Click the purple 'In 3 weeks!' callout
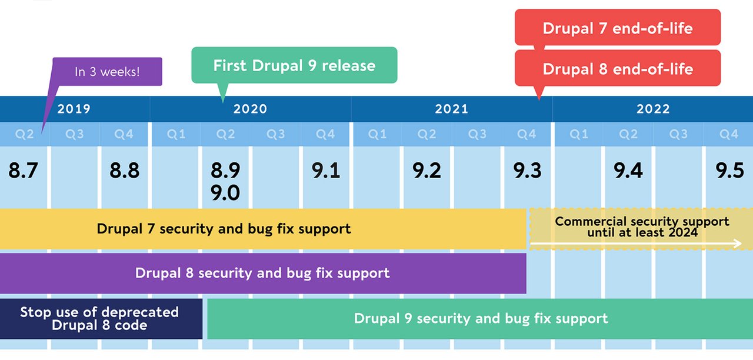tap(107, 72)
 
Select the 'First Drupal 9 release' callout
tap(294, 65)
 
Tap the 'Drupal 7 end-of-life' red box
tap(617, 28)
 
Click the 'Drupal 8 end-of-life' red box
tap(617, 68)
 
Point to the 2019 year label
tap(74, 109)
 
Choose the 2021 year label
tap(451, 109)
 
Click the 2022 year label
tap(653, 109)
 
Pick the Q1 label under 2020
tap(176, 135)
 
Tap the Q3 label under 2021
tap(477, 135)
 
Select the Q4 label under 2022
tap(728, 135)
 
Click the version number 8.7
tap(24, 171)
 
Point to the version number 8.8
tap(124, 171)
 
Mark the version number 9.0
tap(225, 192)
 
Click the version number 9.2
tap(427, 171)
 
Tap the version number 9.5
tap(729, 171)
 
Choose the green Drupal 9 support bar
tap(480, 319)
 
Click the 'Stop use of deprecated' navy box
tap(99, 319)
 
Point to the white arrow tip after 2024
tap(740, 243)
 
